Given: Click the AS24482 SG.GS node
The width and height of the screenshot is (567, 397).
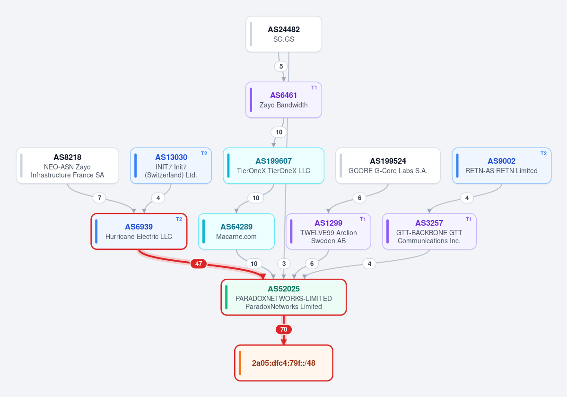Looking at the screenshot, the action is click(x=284, y=34).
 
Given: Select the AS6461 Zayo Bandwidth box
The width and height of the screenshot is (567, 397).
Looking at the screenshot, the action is click(x=284, y=100).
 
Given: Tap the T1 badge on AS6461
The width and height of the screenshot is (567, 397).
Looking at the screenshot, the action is click(x=314, y=88).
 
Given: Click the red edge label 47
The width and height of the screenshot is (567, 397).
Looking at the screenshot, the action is click(x=199, y=264).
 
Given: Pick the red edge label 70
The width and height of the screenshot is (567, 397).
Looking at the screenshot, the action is click(x=284, y=330).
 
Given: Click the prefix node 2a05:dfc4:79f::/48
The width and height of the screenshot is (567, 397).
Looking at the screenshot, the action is click(x=284, y=363).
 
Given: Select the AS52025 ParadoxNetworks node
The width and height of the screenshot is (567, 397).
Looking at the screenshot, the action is click(x=284, y=297).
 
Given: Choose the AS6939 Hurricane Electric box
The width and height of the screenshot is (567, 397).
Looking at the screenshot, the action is click(x=139, y=231).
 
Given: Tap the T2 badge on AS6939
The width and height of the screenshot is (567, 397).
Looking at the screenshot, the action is click(x=179, y=219).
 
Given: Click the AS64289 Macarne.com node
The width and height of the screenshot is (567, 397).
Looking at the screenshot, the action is click(x=236, y=231).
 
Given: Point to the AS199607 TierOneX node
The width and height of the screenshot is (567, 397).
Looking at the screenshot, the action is click(x=273, y=166).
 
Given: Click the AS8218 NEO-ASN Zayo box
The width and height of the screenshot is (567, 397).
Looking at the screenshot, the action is click(x=67, y=166).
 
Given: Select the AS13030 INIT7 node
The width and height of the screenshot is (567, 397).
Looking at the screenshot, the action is click(x=171, y=166).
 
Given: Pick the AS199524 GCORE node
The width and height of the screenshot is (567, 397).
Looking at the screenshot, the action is click(x=388, y=166).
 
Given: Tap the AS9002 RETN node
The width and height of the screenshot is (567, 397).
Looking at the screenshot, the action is click(x=502, y=166).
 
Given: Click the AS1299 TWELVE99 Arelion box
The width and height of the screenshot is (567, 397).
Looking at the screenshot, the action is click(x=328, y=231).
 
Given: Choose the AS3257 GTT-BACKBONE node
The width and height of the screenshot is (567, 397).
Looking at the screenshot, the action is click(x=429, y=231).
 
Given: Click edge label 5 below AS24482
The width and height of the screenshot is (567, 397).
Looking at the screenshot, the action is click(x=281, y=67).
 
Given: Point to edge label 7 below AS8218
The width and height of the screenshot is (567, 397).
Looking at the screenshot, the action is click(x=99, y=198).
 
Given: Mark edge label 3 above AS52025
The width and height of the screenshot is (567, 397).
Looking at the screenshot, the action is click(x=284, y=264).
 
